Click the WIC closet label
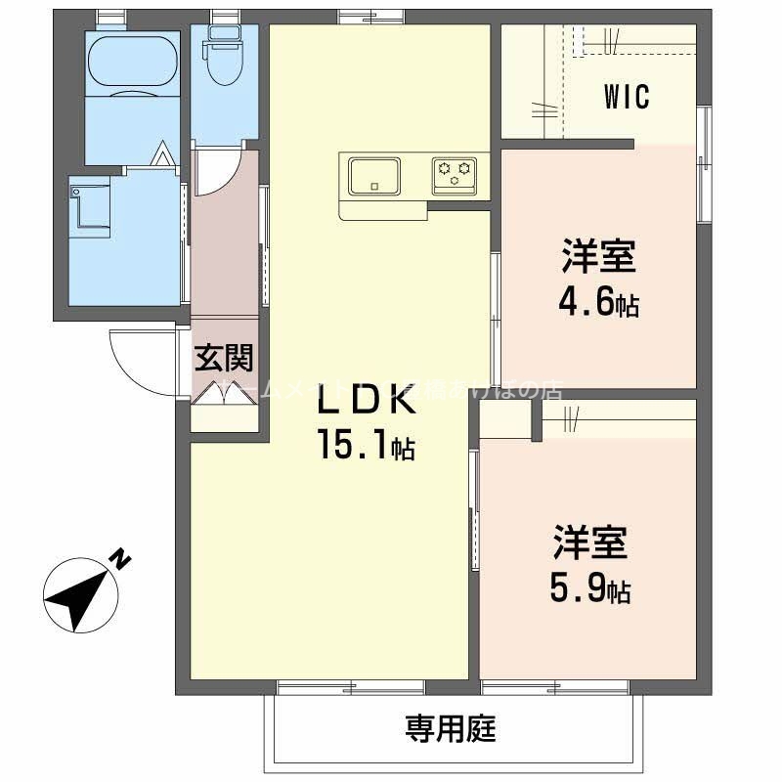click(x=627, y=99)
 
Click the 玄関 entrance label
click(x=224, y=358)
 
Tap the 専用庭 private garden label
click(x=452, y=727)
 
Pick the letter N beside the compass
click(x=120, y=560)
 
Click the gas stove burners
click(x=455, y=175)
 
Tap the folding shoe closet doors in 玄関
click(x=224, y=395)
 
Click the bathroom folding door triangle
click(x=161, y=155)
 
